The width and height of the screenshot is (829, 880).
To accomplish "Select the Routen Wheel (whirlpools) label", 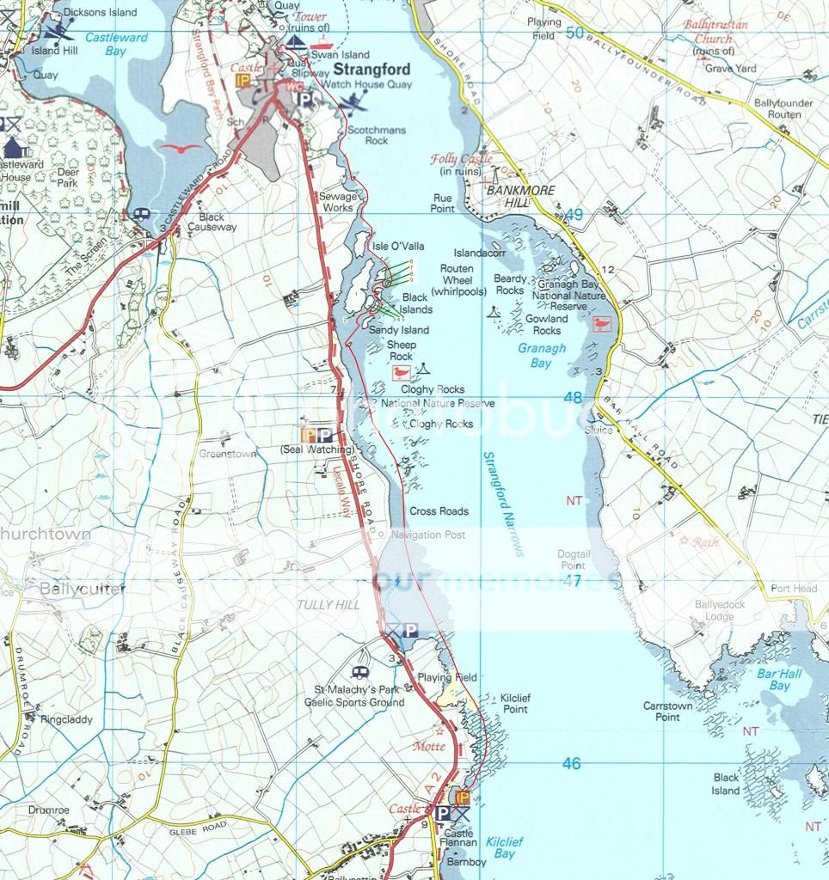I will point(457,280).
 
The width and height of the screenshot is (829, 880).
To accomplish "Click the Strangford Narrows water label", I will point(504,504).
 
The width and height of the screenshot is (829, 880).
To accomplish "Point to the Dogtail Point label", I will point(573,560).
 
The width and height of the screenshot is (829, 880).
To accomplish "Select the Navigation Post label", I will point(428,535).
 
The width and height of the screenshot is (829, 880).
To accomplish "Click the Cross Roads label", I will point(439,511).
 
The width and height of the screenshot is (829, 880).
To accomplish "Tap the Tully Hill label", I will point(328,605).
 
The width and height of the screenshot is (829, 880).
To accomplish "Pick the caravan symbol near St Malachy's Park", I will point(359,672).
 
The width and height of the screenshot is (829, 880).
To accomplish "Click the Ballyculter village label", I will point(83,589).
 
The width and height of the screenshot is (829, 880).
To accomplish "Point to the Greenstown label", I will point(228,454).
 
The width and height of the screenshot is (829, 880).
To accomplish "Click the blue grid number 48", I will point(573,397).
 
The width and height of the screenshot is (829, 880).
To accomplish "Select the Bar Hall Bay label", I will point(779,680).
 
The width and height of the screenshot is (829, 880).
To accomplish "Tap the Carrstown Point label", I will point(667,712).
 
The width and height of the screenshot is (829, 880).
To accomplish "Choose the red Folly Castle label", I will point(462,159).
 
